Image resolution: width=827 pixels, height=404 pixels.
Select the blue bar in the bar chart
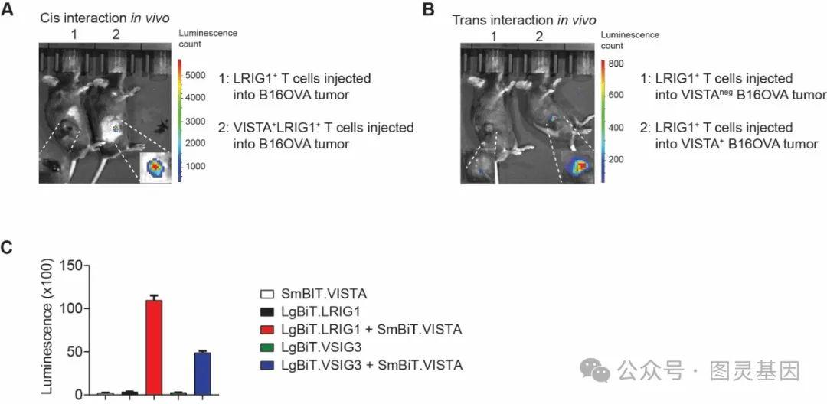point(202,373)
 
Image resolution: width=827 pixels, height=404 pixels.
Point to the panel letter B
point(428,10)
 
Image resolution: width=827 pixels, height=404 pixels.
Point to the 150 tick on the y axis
point(72,266)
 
